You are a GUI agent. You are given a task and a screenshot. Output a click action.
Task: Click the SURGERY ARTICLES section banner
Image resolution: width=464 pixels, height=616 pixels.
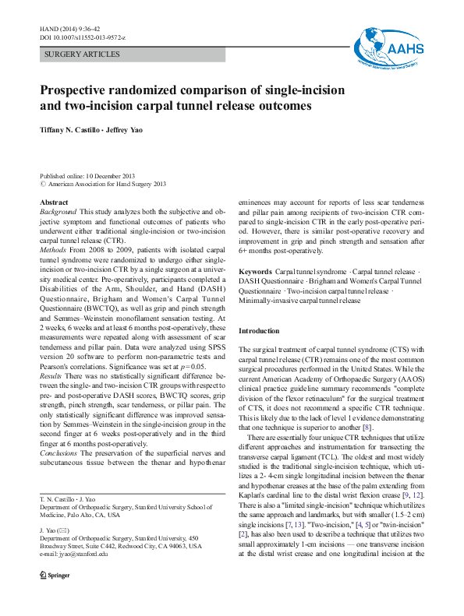click(x=83, y=55)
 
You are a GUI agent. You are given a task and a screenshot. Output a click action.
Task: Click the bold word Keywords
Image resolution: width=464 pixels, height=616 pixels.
click(x=255, y=271)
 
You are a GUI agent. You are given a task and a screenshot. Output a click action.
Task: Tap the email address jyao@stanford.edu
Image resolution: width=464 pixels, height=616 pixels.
click(x=83, y=576)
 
